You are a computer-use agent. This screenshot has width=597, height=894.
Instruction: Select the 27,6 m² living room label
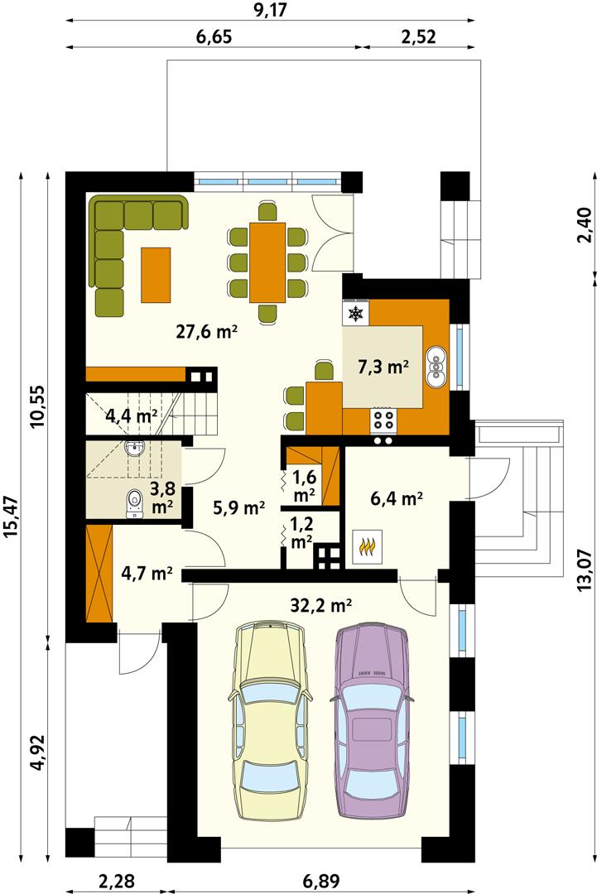(x=207, y=332)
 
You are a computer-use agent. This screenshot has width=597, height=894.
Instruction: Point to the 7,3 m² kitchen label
(x=383, y=367)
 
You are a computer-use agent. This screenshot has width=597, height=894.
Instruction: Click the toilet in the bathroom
(x=134, y=504)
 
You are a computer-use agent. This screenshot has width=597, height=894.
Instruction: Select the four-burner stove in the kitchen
(x=383, y=420)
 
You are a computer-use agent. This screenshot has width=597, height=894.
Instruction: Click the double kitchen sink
(x=436, y=367)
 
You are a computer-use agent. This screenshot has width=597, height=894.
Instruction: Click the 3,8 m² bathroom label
(x=161, y=493)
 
